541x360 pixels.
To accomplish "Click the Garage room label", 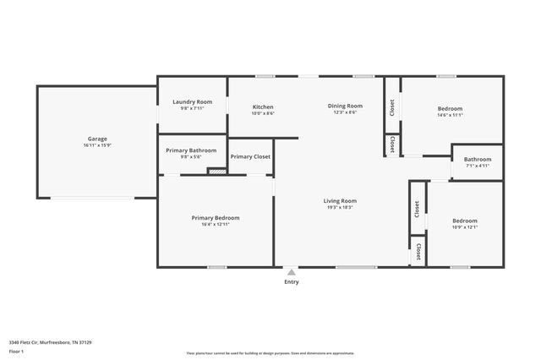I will coord(97,139).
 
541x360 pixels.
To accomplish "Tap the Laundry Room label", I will coord(192,101).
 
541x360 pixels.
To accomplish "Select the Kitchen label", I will coord(263,107).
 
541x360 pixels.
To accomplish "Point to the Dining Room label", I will coord(345,106).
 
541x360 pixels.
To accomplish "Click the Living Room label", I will coord(340,201).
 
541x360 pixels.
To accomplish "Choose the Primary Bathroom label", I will coord(191,150).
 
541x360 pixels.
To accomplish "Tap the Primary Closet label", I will coord(250,156).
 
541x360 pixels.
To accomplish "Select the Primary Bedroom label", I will coord(215,218).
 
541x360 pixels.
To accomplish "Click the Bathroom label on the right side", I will coord(477,159).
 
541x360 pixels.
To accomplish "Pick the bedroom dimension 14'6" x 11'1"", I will coord(450,115).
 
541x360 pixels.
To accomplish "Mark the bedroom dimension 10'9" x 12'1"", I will coord(464,226).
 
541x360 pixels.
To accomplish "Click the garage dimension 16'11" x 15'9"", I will coord(97,145).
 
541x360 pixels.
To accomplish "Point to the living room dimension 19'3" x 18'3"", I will coord(340,208).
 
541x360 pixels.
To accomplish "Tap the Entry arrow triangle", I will coord(291,272).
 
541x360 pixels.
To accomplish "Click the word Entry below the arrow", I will coord(291,282).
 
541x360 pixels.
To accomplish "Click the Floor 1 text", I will coord(17,352).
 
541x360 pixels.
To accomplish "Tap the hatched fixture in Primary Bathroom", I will coord(218,172).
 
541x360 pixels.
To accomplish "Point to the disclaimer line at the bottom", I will coord(270,353).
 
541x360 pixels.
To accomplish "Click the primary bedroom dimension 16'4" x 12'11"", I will coord(215,225).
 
